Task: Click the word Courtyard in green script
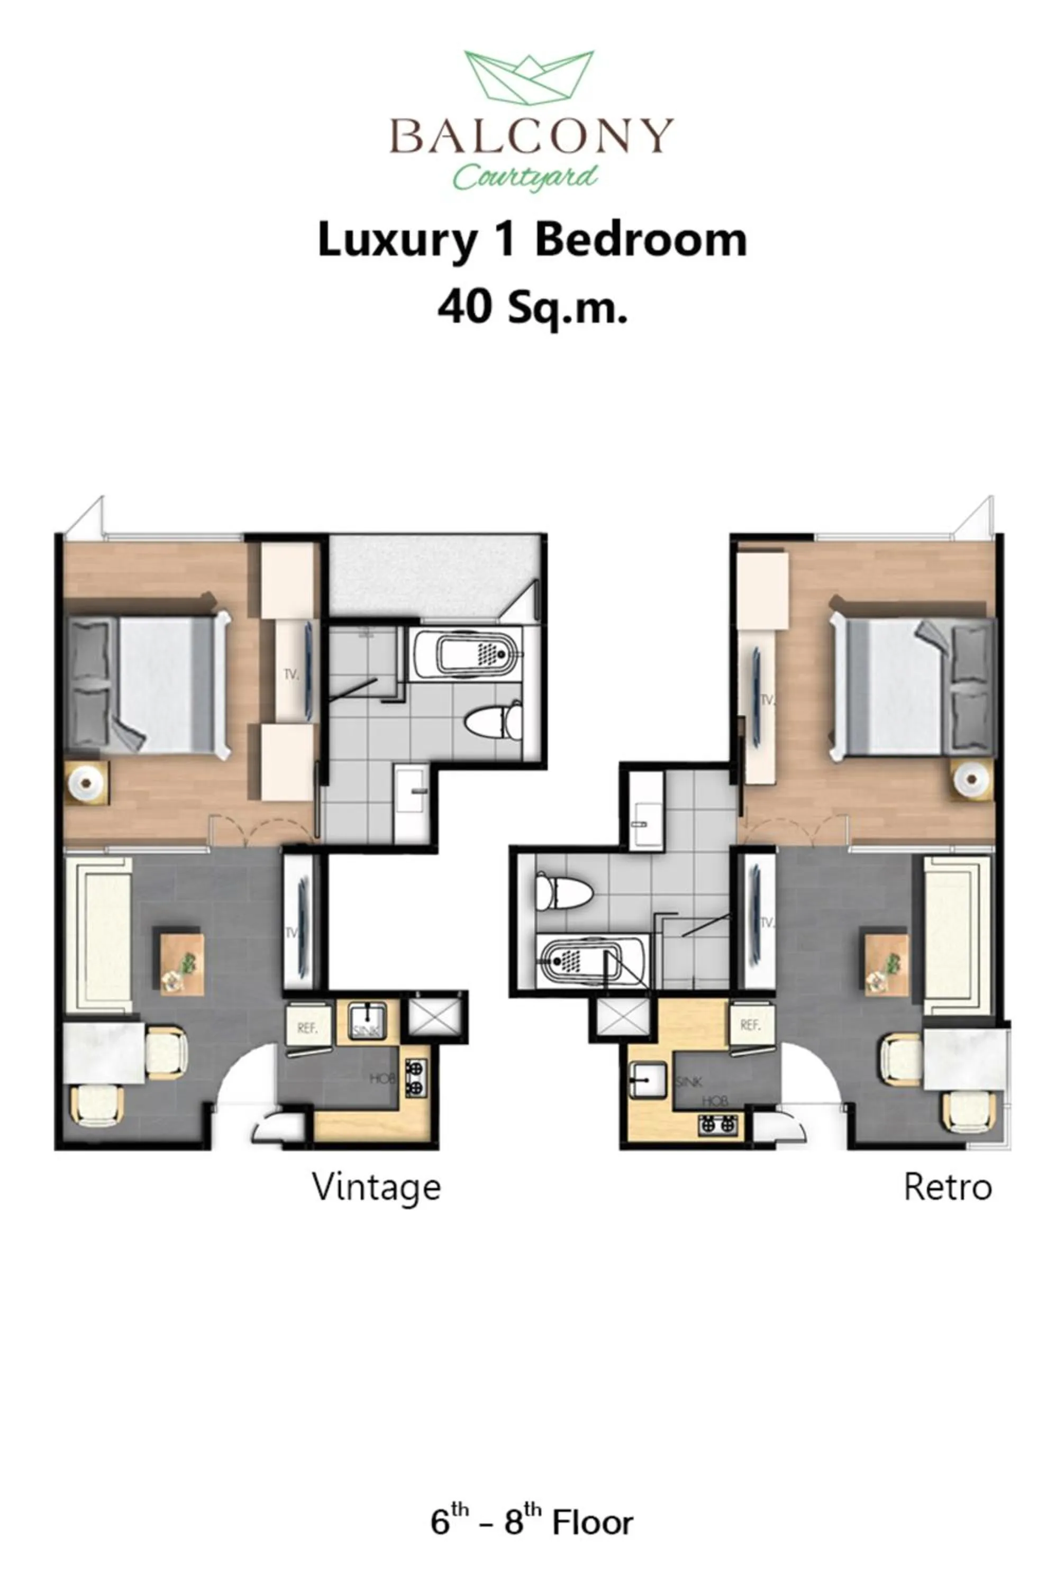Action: coord(525,176)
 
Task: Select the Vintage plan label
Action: coord(376,1187)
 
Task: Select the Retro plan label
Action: coord(947,1187)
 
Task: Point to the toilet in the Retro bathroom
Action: coord(562,890)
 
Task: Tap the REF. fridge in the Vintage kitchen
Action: coord(308,1027)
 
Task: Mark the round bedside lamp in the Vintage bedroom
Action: coord(86,782)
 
